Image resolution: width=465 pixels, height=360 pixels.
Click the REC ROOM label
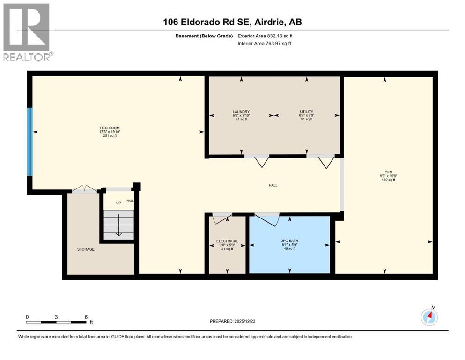pos(107,128)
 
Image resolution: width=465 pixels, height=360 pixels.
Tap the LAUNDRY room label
pos(241,112)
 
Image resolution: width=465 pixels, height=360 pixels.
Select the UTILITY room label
pos(306,112)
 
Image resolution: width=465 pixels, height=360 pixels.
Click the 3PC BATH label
pos(289,241)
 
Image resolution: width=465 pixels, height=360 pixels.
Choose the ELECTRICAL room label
pos(227,241)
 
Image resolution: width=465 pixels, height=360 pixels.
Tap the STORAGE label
pos(86,249)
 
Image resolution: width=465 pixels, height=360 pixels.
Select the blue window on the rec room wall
pos(30,142)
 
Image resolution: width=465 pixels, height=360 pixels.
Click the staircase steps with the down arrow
pos(118,225)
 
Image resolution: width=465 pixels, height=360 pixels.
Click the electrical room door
pos(221,217)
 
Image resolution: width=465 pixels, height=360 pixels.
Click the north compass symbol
pos(429,317)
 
